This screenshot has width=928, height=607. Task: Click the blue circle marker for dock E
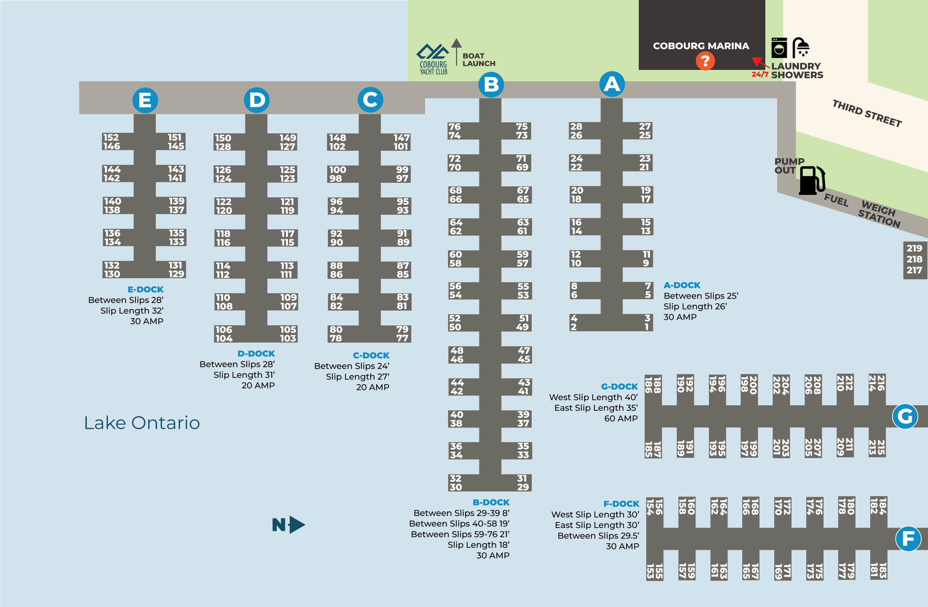[145, 100]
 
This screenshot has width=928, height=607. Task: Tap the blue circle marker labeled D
[257, 100]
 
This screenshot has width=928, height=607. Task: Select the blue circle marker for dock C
[370, 99]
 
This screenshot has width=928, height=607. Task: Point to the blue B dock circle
[491, 84]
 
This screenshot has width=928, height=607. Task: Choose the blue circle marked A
[612, 84]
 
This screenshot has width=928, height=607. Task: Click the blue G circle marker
[905, 416]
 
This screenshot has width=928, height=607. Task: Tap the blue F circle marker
[908, 539]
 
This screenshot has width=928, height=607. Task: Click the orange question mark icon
[705, 61]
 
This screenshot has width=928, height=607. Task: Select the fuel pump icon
[812, 180]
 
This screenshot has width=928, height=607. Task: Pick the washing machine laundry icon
[779, 48]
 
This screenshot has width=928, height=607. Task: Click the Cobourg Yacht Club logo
[433, 59]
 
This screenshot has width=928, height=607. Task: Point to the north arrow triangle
[297, 525]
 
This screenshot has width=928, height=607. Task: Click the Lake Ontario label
[142, 423]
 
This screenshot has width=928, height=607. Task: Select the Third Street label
[867, 113]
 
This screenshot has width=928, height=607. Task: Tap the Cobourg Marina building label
[701, 46]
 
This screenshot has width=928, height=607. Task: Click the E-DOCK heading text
[146, 289]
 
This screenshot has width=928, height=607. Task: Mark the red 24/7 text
[760, 74]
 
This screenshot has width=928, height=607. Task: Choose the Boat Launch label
[479, 60]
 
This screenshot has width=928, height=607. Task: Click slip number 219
[914, 248]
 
